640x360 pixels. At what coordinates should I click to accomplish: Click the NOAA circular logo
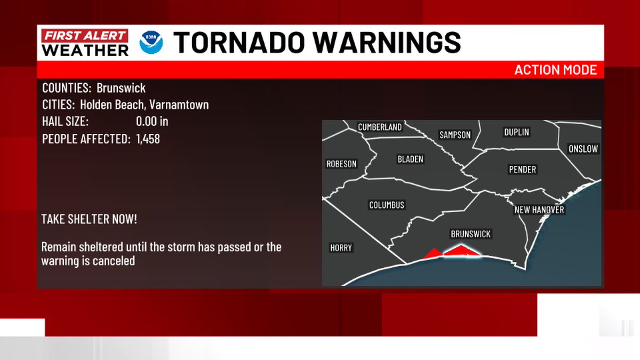[151, 43]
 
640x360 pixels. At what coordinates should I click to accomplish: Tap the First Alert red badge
[85, 36]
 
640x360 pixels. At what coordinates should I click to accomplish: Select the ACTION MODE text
[555, 70]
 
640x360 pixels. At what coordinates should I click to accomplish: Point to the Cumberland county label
[379, 127]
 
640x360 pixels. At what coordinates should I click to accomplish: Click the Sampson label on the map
[455, 135]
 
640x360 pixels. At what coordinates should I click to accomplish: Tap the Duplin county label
[516, 132]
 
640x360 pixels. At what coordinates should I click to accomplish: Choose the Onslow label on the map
[583, 149]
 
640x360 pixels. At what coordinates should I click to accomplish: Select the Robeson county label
[341, 164]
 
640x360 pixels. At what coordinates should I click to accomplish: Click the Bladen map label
[410, 159]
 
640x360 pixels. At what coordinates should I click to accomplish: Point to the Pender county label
[522, 170]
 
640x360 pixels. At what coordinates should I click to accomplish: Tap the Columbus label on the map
[387, 205]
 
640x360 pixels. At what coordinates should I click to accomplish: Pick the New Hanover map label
[539, 210]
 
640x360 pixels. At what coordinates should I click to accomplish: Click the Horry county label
[341, 248]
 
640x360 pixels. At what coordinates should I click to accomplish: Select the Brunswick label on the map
[470, 234]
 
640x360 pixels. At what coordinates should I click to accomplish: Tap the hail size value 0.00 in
[152, 122]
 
